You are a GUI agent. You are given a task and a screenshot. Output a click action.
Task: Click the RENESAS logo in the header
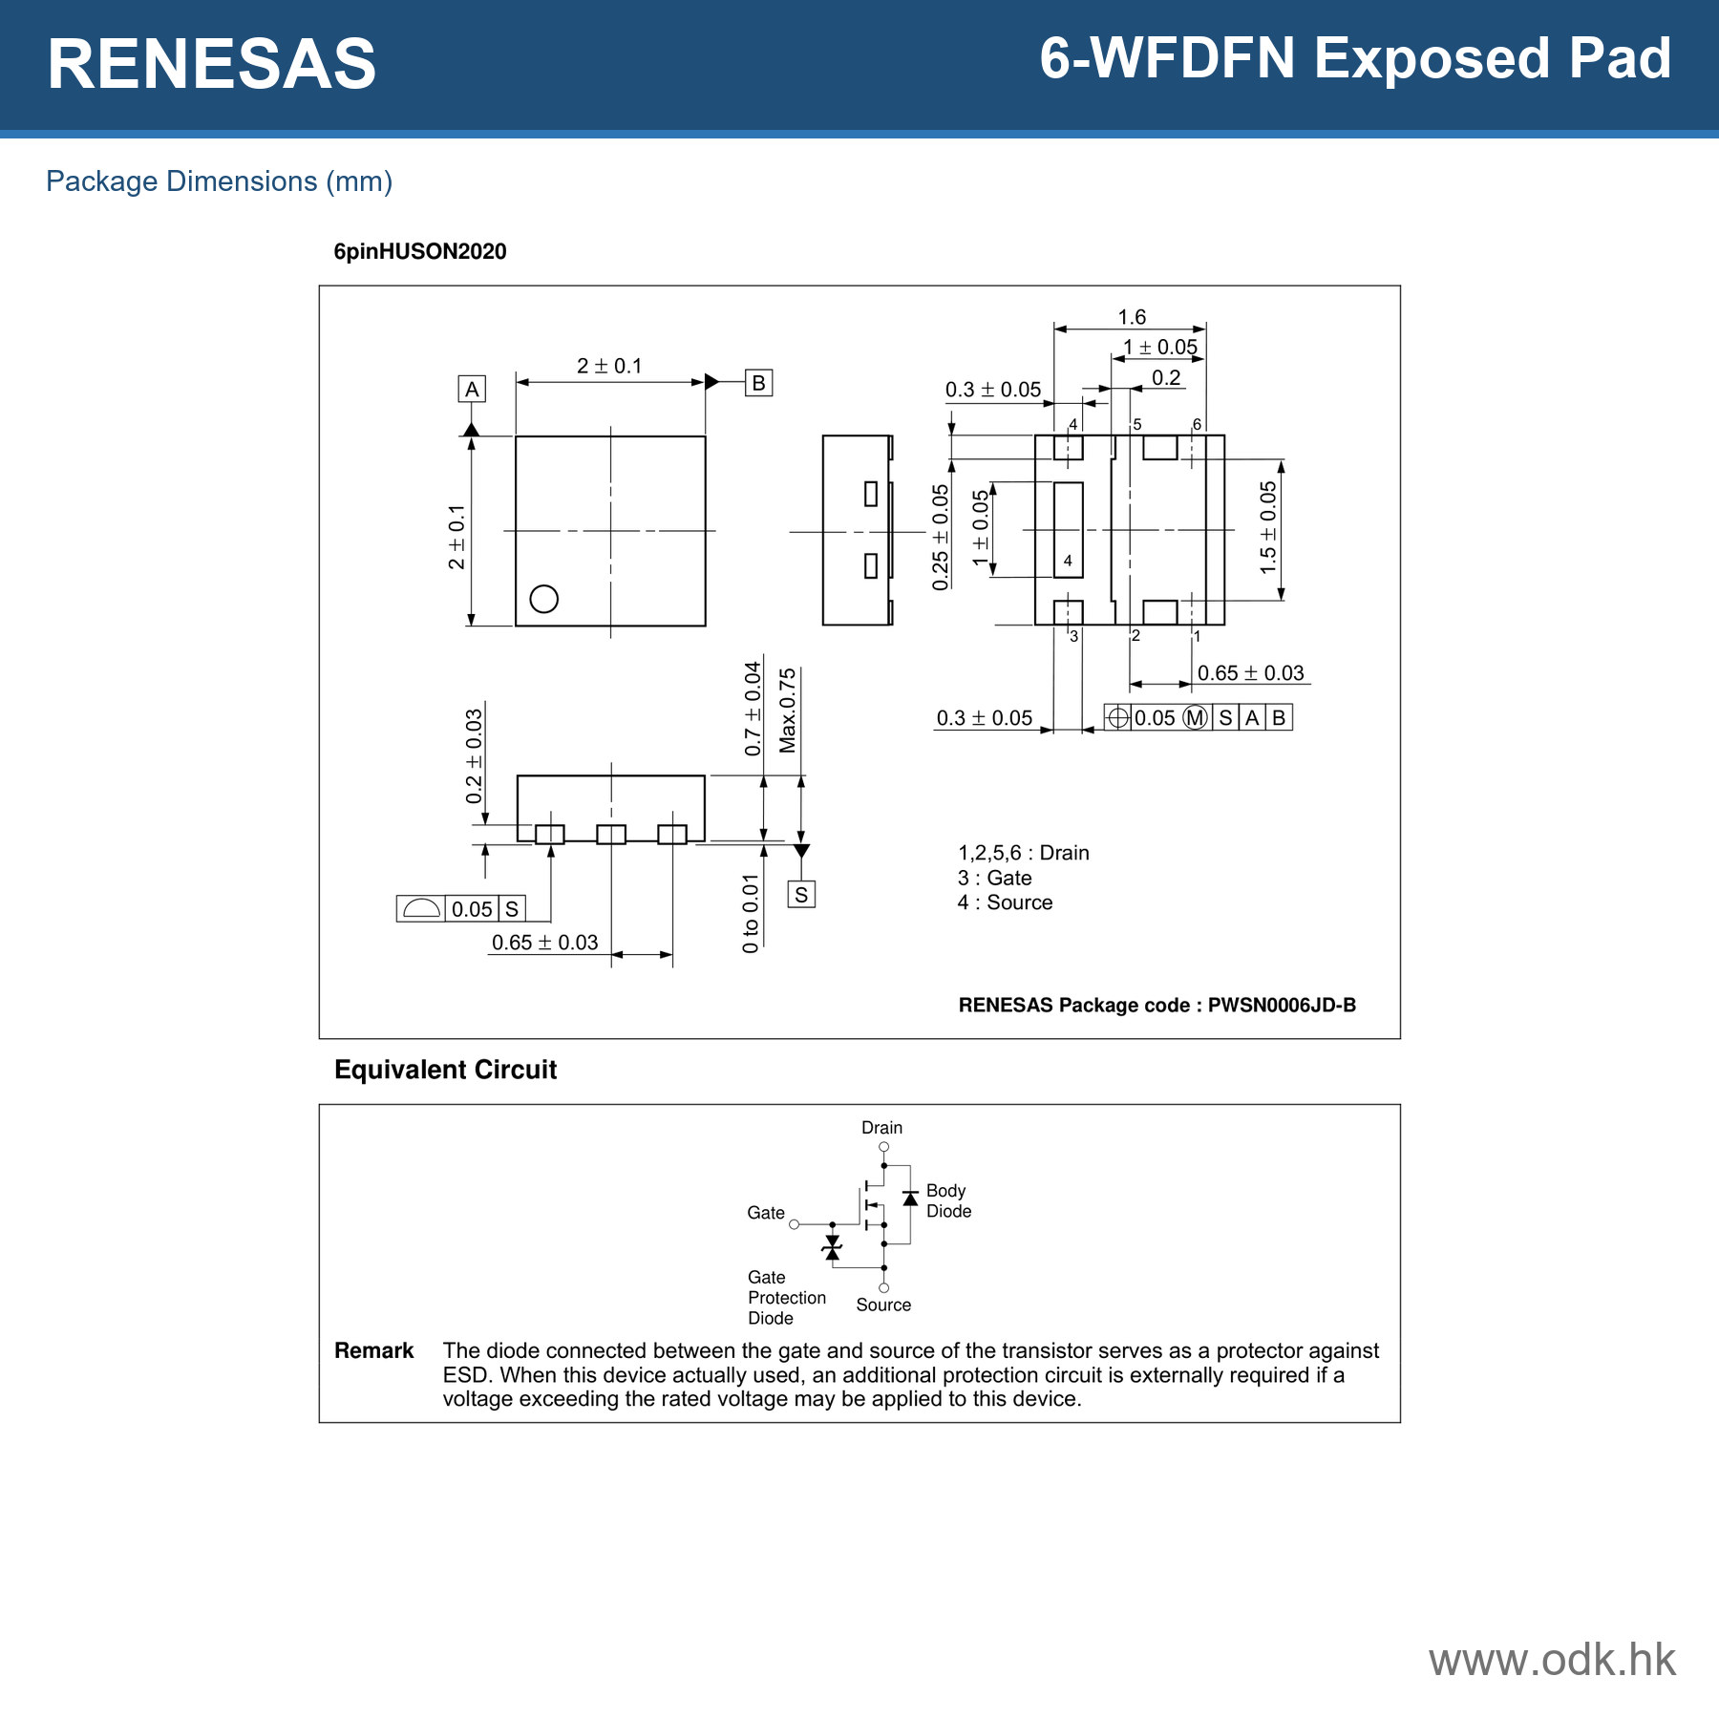212,64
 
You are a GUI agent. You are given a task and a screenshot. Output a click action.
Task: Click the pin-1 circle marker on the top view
543,599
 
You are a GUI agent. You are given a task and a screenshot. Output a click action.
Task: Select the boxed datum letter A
472,389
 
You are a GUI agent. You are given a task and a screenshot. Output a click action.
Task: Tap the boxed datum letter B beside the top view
758,383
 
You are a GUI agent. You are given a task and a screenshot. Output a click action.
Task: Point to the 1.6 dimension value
1132,317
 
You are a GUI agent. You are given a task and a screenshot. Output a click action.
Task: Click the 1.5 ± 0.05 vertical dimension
1267,527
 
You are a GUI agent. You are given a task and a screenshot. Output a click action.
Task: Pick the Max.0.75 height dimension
787,711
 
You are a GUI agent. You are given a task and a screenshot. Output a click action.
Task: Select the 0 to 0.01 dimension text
751,913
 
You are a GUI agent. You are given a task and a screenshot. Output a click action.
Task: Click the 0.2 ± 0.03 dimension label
474,756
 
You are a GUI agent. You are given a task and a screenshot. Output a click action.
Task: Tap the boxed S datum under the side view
801,895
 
